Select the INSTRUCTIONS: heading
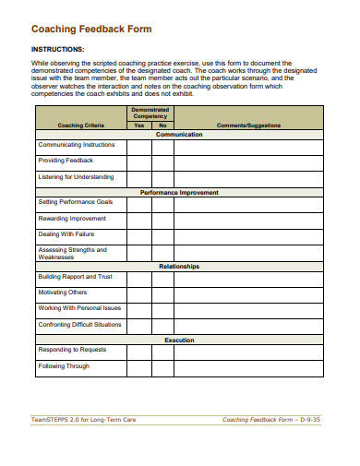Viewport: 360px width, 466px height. (x=57, y=48)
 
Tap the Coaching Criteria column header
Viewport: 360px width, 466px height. (x=80, y=125)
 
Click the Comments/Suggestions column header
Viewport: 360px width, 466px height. (x=249, y=125)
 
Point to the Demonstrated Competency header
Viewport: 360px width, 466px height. (x=150, y=113)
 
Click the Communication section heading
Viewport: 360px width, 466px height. (x=179, y=135)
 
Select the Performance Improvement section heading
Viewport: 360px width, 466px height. (x=179, y=193)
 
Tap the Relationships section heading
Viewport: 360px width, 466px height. (x=179, y=267)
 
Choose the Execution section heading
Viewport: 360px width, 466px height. (x=179, y=341)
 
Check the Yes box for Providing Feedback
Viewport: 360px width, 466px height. (x=139, y=161)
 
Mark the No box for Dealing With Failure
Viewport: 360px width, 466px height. (x=162, y=234)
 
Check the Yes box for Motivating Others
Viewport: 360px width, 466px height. (x=139, y=292)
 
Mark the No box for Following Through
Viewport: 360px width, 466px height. (x=162, y=366)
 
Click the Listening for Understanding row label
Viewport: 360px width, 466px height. (x=76, y=177)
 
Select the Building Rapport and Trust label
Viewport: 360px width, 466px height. (x=75, y=276)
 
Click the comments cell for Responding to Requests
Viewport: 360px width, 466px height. (x=249, y=351)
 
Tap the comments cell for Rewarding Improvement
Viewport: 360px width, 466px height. (x=249, y=218)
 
